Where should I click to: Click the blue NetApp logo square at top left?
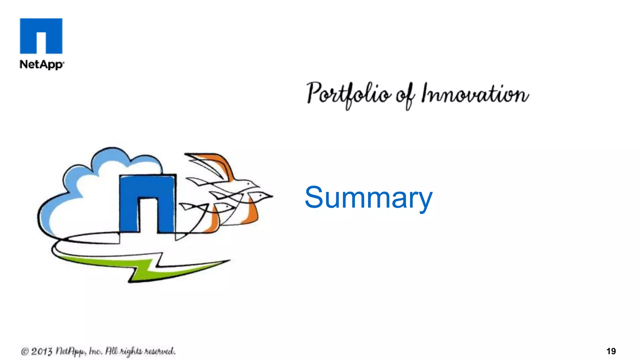tap(41, 36)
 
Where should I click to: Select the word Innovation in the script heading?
tap(475, 94)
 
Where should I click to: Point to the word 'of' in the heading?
tap(406, 95)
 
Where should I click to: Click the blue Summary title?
tap(368, 197)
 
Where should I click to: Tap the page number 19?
tap(611, 351)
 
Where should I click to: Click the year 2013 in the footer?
tap(42, 351)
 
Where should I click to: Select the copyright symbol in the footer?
tap(25, 352)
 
